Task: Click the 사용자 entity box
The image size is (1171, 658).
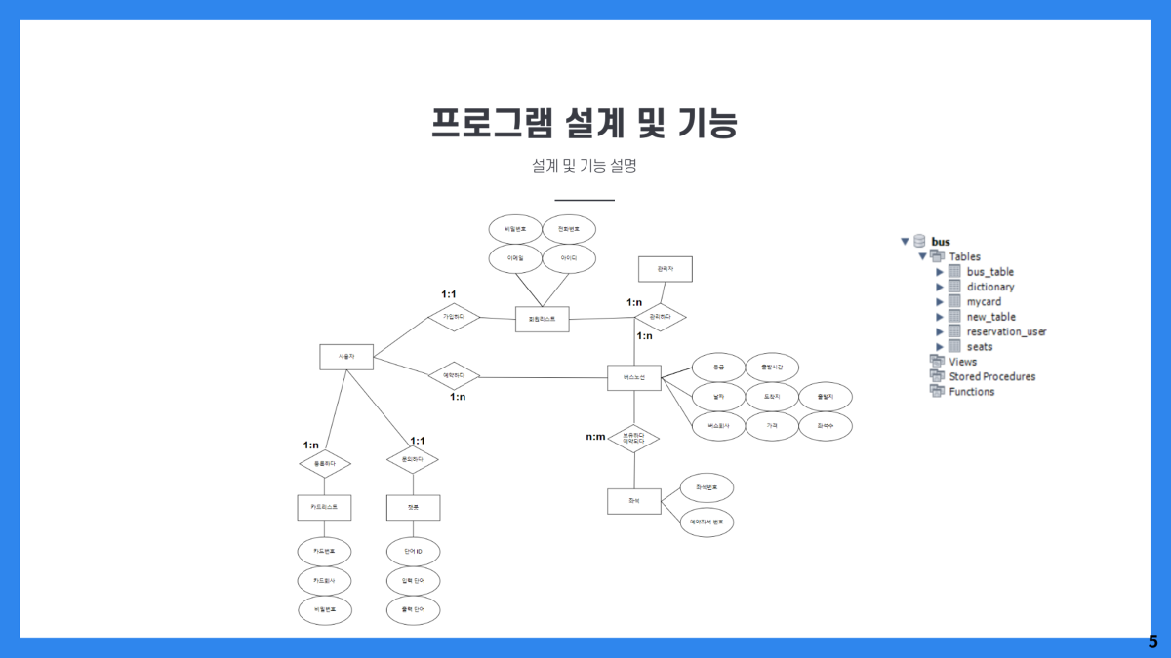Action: pos(346,357)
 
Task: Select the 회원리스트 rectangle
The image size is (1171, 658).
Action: pos(542,319)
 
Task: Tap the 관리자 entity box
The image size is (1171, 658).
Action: pos(665,269)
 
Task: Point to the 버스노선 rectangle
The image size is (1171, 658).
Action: pos(633,377)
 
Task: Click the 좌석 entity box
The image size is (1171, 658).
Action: pos(633,501)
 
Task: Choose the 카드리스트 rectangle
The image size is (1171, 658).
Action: pos(324,507)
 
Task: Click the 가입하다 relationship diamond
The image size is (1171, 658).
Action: pos(454,317)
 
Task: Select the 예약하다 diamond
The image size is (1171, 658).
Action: pos(454,375)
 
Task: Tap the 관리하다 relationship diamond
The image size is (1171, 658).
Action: pos(660,317)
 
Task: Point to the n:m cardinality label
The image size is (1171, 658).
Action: pos(595,437)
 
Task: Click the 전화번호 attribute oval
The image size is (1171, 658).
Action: pos(569,229)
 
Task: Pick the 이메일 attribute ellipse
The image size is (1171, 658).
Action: pos(515,258)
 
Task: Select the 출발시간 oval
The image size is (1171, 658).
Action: pos(772,368)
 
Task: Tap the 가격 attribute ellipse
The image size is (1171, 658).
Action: pos(772,426)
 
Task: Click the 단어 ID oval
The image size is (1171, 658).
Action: pos(413,552)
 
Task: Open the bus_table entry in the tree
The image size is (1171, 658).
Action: pos(989,272)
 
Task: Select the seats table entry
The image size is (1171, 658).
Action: pos(979,346)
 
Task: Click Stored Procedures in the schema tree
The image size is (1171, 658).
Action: pos(991,376)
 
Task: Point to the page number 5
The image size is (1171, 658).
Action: pos(1152,642)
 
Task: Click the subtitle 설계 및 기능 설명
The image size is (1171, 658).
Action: pos(585,166)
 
